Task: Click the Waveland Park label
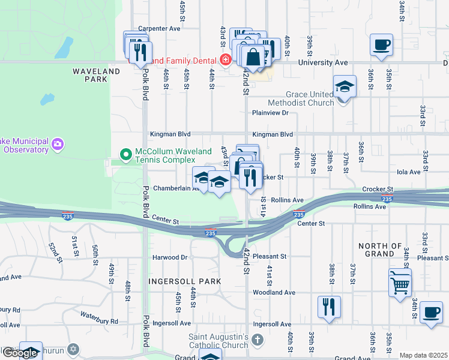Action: point(96,75)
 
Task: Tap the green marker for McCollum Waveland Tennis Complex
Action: point(125,155)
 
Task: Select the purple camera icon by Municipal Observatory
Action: point(58,144)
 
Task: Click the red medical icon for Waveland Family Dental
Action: point(226,59)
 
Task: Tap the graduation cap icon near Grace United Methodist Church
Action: point(345,86)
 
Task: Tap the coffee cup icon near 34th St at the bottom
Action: point(431,312)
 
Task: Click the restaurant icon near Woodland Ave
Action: point(329,307)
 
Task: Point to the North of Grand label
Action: point(380,250)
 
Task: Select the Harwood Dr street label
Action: point(170,257)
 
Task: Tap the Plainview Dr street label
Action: point(271,112)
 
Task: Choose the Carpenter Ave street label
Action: point(159,28)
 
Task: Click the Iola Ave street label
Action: point(409,172)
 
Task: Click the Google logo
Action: point(20,353)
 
